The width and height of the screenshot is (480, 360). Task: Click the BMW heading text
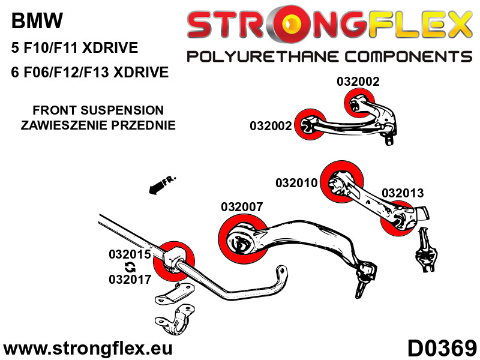tap(37, 22)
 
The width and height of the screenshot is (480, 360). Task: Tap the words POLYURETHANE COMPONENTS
tap(329, 57)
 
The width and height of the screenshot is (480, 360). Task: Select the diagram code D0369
tap(442, 348)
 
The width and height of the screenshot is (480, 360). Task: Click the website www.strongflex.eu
tap(88, 348)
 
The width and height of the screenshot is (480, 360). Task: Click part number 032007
tap(241, 208)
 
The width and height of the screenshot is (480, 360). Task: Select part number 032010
tap(296, 182)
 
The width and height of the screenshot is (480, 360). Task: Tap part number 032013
tap(403, 193)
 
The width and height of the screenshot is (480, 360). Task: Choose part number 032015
tap(129, 254)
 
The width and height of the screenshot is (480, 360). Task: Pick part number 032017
tap(129, 279)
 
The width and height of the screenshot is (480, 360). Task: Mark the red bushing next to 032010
tap(343, 182)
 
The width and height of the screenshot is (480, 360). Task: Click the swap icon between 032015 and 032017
tap(129, 267)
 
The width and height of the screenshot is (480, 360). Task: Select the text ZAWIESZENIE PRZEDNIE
tap(98, 126)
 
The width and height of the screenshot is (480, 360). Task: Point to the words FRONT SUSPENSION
tap(98, 110)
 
